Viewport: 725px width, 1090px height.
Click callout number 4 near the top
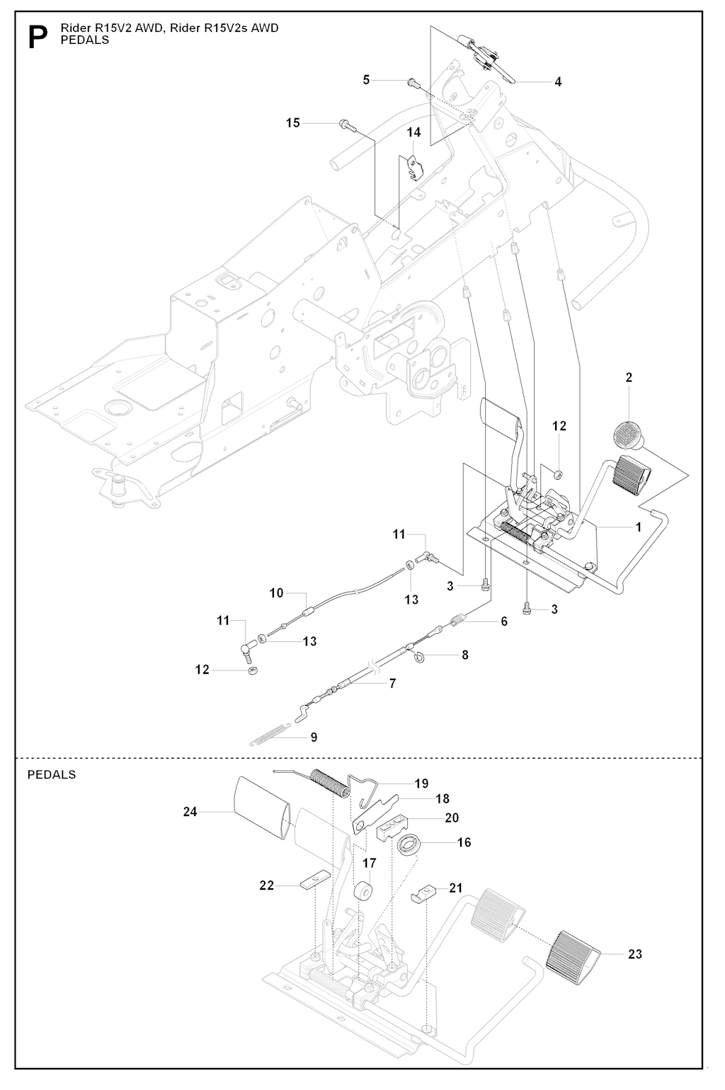click(x=558, y=82)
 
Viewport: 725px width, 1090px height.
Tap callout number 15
click(x=293, y=123)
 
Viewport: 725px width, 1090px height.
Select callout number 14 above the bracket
click(x=413, y=132)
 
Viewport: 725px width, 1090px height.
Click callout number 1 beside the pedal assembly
click(x=638, y=527)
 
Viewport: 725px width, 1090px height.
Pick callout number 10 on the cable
click(x=276, y=593)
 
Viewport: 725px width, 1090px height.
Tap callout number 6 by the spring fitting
click(x=504, y=621)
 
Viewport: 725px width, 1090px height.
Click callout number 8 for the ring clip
click(x=465, y=655)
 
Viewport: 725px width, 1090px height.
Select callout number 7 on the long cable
click(x=392, y=684)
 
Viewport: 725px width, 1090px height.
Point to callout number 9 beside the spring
click(x=313, y=738)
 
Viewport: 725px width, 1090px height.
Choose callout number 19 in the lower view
click(x=421, y=784)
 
